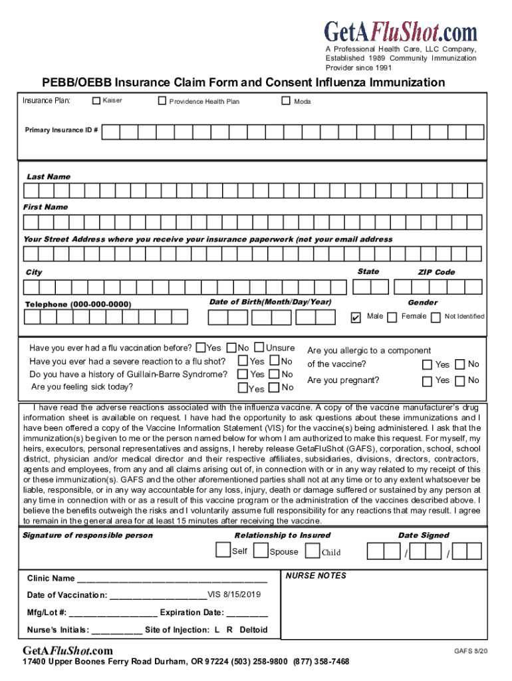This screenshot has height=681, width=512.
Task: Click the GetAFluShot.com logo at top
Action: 400,31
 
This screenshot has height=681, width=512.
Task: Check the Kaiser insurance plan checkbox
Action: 96,100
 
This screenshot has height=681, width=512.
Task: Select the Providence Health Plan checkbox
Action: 162,101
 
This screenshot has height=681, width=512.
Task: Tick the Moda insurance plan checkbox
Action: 286,100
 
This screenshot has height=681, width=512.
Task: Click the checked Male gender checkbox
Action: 356,317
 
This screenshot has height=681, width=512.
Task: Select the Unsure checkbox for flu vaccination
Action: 259,348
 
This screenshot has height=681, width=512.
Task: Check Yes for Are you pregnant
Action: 427,381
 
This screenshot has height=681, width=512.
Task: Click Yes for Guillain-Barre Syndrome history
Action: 243,374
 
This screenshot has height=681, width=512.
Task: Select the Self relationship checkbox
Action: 223,551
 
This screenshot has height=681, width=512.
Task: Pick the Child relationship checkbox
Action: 312,551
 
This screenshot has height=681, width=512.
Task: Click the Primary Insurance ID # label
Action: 61,130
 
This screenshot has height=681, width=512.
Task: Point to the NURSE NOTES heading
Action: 316,575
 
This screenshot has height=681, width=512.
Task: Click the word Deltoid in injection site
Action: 253,629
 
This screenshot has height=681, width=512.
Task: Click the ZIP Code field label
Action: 436,272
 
